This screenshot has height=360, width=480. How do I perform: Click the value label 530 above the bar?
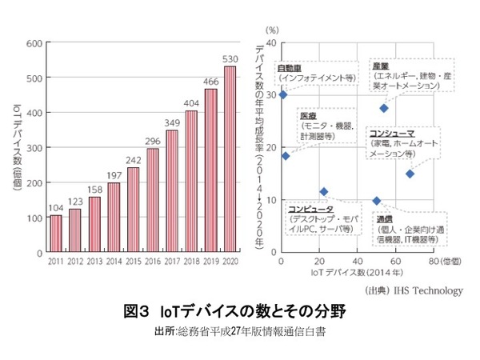230,59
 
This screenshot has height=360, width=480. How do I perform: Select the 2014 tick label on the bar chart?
114,262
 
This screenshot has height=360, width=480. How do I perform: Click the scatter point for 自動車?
282,94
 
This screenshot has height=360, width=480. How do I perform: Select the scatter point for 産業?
384,108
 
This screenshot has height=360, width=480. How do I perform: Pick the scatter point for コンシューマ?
410,174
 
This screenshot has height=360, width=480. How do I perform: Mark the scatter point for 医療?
286,156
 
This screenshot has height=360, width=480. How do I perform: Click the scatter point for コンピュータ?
323,191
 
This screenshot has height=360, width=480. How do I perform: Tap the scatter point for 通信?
377,201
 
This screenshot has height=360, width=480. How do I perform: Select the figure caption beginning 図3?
240,311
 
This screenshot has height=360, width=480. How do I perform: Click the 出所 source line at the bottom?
240,330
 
